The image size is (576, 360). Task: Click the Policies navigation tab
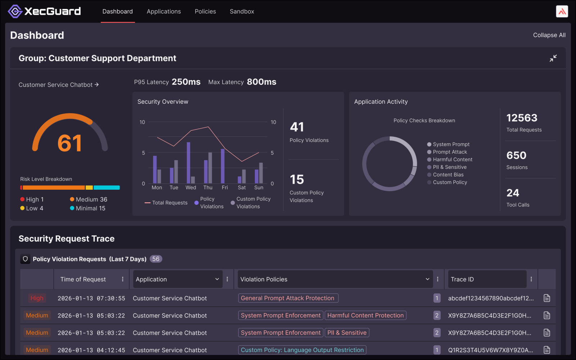[205, 12]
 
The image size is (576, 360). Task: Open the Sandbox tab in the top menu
[242, 12]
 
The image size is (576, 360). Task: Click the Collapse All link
[549, 35]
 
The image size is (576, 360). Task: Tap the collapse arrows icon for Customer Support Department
[553, 58]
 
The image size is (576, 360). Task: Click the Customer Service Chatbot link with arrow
[59, 85]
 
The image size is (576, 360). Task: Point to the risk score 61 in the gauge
[70, 143]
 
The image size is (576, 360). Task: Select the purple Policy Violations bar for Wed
[188, 163]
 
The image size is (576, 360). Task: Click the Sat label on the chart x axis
[242, 188]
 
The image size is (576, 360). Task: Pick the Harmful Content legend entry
[452, 159]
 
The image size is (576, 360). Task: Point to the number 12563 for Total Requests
[522, 118]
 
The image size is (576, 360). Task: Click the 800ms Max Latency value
[261, 82]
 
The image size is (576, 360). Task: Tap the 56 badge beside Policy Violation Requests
[156, 259]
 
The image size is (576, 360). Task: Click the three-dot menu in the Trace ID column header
[531, 279]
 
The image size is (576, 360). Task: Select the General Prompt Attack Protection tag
[288, 298]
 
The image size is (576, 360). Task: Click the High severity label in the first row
[37, 298]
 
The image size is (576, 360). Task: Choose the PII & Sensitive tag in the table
[347, 333]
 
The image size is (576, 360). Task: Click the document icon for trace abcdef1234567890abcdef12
[546, 298]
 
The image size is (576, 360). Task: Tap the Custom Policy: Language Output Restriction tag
[302, 350]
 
